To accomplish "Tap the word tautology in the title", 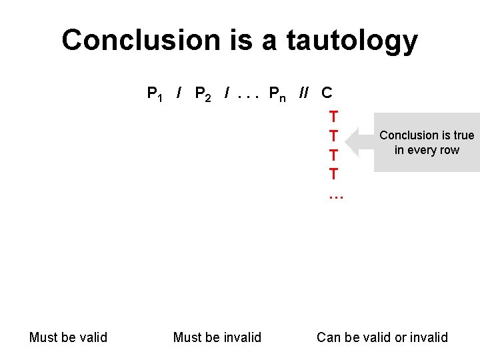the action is point(352,41).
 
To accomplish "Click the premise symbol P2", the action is point(203,93).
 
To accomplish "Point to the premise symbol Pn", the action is point(277,93).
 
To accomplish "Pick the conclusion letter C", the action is point(327,93).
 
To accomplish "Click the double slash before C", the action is point(304,93).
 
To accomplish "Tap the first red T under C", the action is point(333,117).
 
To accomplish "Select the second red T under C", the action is point(333,136).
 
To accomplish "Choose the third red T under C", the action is point(333,155).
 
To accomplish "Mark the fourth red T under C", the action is point(333,175).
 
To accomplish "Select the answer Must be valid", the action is point(68,337).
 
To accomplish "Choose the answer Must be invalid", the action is point(217,337).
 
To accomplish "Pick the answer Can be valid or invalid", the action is point(382,337).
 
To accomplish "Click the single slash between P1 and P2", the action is point(179,93).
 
